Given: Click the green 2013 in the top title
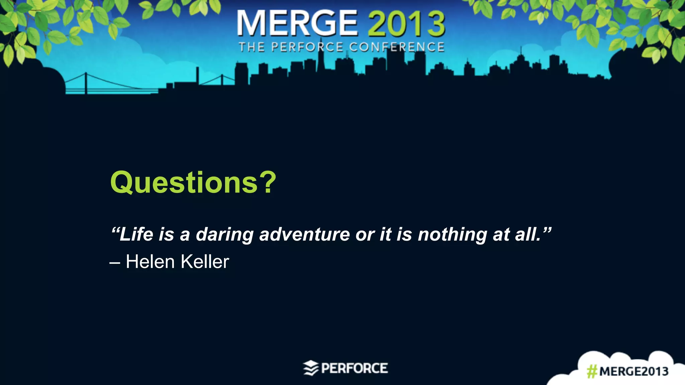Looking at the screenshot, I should pos(406,23).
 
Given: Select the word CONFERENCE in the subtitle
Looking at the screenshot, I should pos(397,47).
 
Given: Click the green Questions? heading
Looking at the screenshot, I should pos(193,182).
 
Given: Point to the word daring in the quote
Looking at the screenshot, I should pos(224,235).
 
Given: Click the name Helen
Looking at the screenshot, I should pos(150,261).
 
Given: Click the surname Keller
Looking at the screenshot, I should pos(205,261).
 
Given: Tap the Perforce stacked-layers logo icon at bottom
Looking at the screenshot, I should pos(311,368).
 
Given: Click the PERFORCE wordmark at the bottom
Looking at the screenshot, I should pos(354,368).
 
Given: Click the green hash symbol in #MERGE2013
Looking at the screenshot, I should pos(592,371).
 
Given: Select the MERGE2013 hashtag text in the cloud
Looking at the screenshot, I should pos(633,371).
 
